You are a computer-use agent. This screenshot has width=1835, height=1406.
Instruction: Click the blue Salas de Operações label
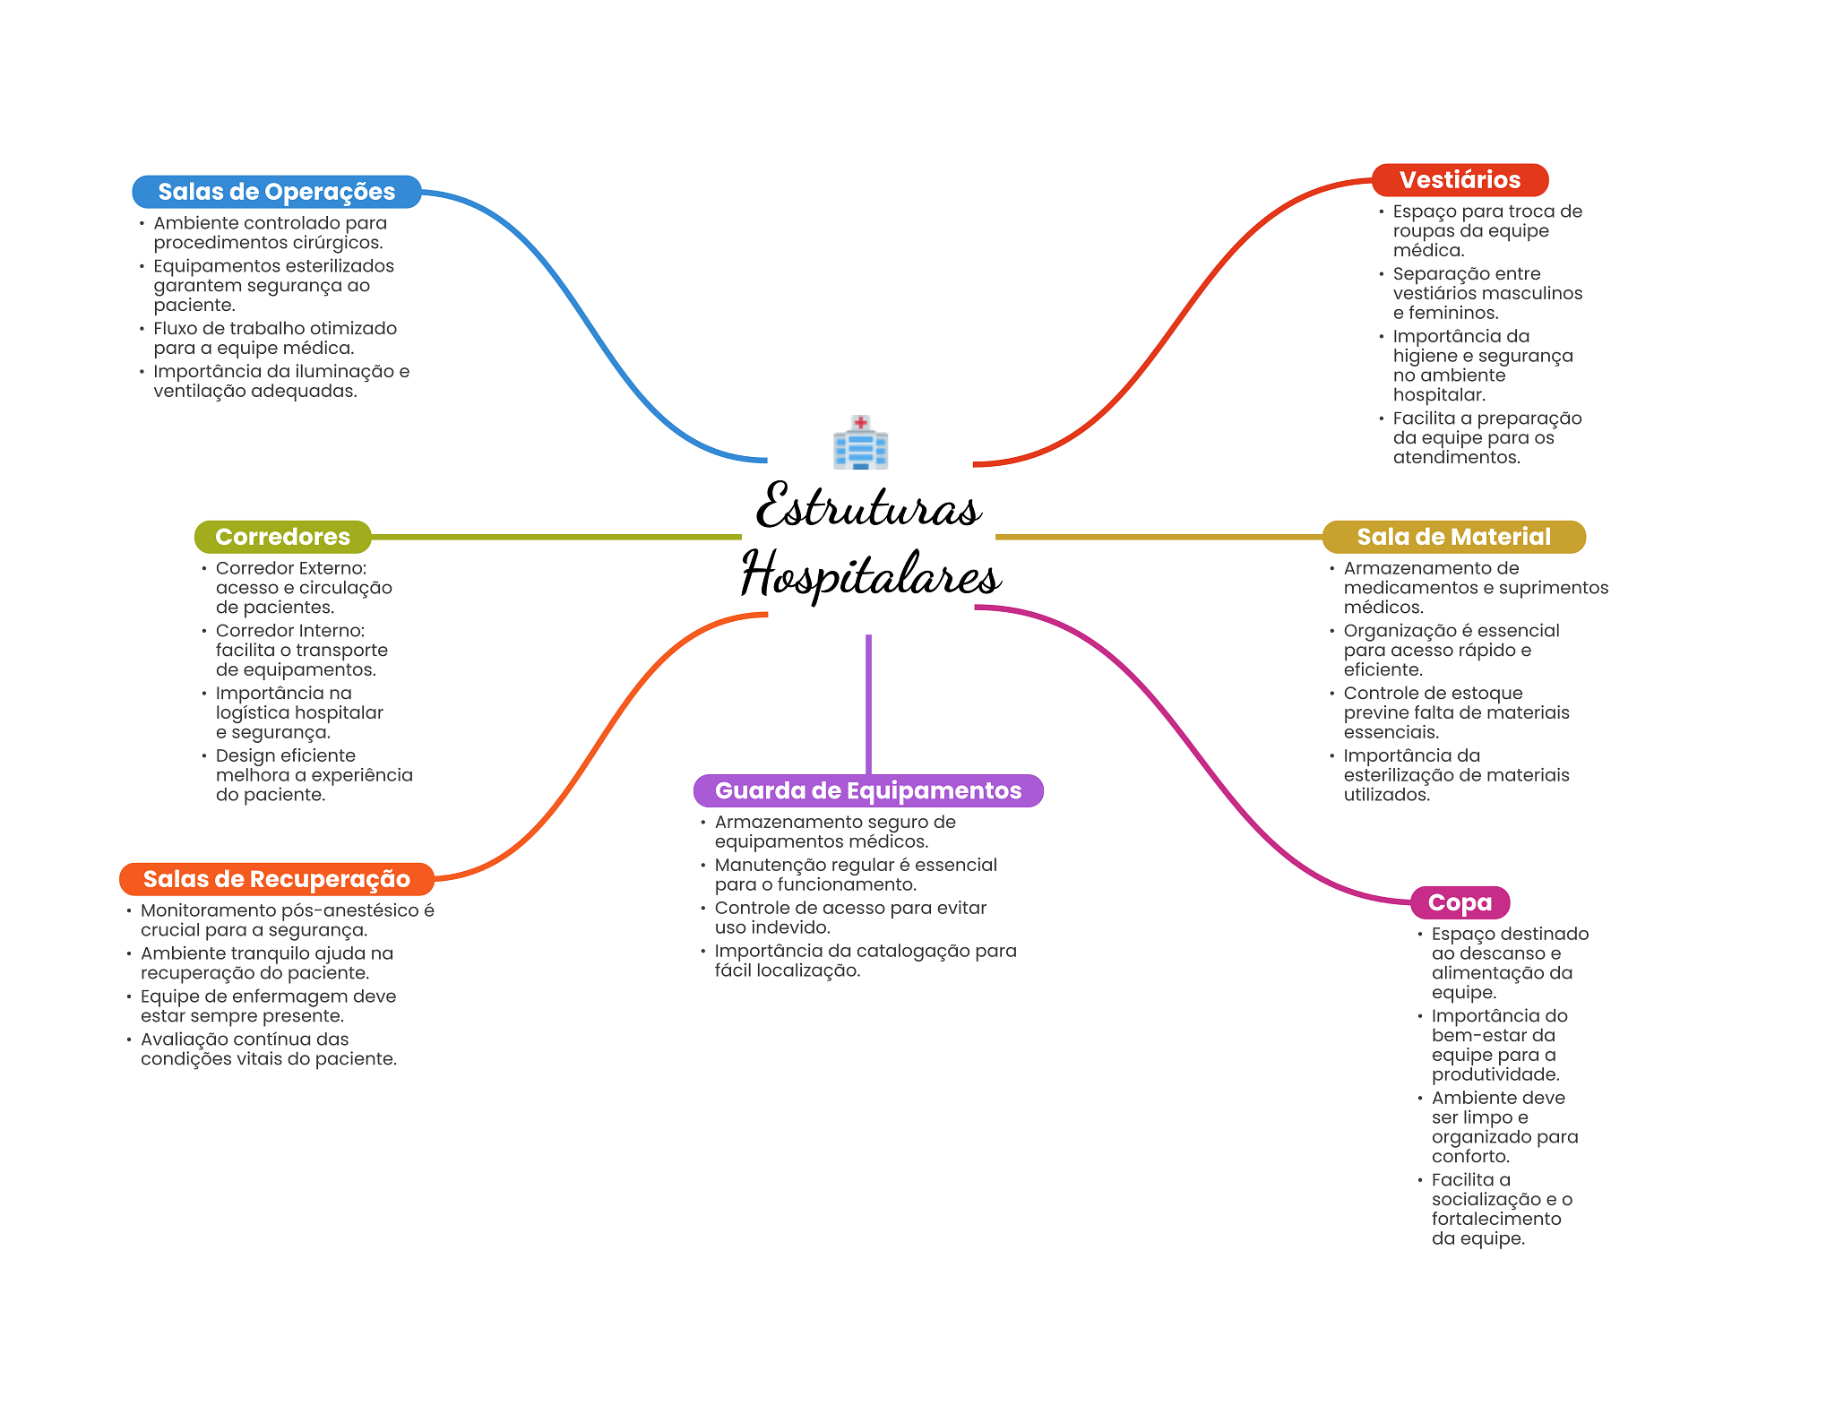click(x=276, y=192)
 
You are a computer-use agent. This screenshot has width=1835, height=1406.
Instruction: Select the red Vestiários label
click(x=1460, y=180)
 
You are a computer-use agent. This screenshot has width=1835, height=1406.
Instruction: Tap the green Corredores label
click(x=282, y=537)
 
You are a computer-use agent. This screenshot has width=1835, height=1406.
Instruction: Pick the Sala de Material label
click(x=1453, y=537)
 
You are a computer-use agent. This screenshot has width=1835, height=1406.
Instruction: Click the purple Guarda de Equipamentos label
click(x=867, y=790)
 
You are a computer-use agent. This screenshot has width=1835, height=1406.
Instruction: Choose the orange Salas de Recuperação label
click(x=276, y=879)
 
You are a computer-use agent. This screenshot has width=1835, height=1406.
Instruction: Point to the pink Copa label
click(x=1460, y=902)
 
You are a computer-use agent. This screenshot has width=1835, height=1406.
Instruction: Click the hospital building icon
click(x=860, y=443)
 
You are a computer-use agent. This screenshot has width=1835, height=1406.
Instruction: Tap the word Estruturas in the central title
click(x=867, y=507)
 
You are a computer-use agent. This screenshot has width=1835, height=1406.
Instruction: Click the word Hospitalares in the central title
click(x=869, y=575)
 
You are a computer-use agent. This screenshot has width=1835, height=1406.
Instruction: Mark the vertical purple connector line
click(x=868, y=703)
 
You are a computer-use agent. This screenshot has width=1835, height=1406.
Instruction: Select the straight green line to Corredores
click(x=556, y=537)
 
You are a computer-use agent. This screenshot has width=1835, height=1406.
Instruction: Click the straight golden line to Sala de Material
click(x=1158, y=537)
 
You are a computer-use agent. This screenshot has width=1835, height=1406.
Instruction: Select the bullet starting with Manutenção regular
click(x=855, y=875)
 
